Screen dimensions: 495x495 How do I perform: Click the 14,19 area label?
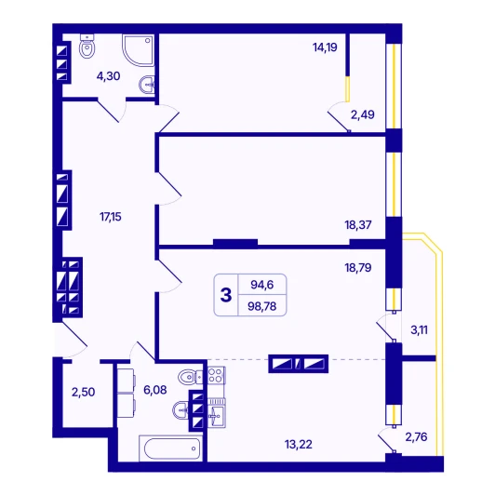coord(325,47)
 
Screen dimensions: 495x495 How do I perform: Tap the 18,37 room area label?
coord(358,225)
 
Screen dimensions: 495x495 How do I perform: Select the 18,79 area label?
coord(358,268)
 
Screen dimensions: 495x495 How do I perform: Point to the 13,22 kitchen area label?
coord(299,445)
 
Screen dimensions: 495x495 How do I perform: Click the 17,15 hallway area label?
coord(111,217)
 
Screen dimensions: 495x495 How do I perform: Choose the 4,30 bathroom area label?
coord(108,76)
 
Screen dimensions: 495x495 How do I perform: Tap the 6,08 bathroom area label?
coord(155,390)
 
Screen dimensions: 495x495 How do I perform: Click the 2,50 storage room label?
coord(84,392)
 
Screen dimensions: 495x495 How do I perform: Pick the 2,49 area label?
coord(363,114)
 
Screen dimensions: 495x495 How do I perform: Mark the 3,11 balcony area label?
coord(420,330)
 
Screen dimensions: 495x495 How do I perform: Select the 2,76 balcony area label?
coord(417,437)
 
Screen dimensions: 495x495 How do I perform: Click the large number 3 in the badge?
coord(226,295)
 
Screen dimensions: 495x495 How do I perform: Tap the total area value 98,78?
coord(262,306)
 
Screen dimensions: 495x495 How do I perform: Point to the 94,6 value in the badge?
coord(262,285)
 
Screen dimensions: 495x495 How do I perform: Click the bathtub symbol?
coord(171,448)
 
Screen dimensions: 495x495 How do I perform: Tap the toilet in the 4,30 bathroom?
coord(87,47)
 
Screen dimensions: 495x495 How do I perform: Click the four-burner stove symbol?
coord(216,375)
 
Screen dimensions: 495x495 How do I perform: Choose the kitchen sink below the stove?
coord(217,413)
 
